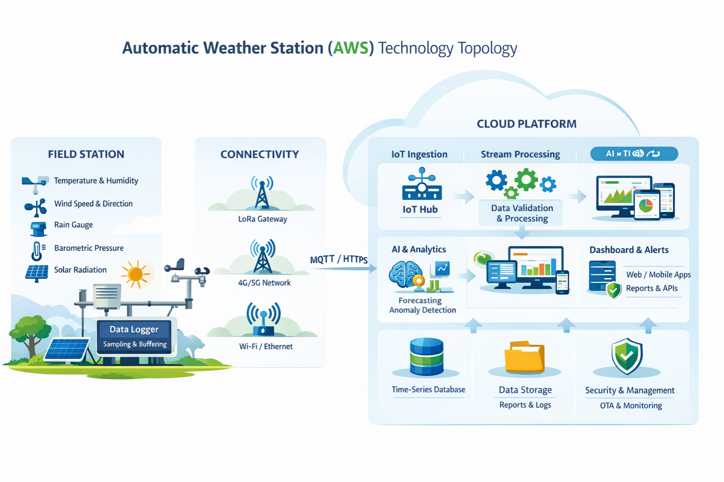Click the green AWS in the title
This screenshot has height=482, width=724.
pyautogui.click(x=351, y=48)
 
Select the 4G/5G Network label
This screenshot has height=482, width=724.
pyautogui.click(x=264, y=283)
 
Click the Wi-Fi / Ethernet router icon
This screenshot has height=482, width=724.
pyautogui.click(x=263, y=320)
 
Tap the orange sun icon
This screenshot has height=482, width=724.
pyautogui.click(x=136, y=274)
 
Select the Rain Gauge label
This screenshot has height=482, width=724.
pyautogui.click(x=74, y=225)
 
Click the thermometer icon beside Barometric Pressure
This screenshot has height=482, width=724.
pyautogui.click(x=37, y=250)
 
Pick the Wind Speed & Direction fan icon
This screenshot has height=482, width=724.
pyautogui.click(x=36, y=207)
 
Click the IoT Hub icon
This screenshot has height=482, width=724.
pyautogui.click(x=421, y=185)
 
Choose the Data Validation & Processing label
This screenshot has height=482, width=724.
pyautogui.click(x=522, y=213)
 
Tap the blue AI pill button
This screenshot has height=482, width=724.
pyautogui.click(x=634, y=153)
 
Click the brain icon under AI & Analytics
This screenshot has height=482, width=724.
pyautogui.click(x=405, y=274)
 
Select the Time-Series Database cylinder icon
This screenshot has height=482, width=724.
pyautogui.click(x=427, y=357)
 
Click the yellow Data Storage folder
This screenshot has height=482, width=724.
pyautogui.click(x=524, y=357)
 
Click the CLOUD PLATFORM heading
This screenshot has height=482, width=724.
pyautogui.click(x=527, y=124)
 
